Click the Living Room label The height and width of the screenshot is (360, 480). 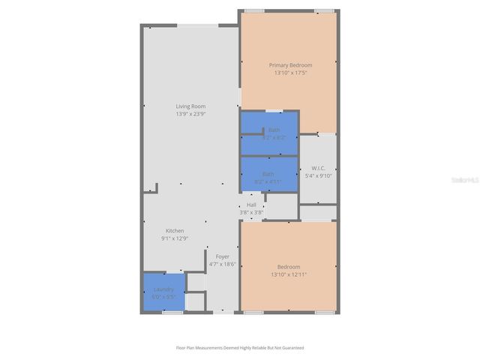[x=190, y=106]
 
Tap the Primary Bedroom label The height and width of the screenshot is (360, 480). [x=290, y=65]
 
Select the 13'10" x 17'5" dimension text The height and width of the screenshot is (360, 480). [x=290, y=73]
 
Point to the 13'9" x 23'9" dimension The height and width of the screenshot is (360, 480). [x=190, y=114]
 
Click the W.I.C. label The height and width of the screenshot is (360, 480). [x=318, y=167]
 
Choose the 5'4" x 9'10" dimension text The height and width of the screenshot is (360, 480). [x=318, y=175]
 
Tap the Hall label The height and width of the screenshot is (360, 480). [x=251, y=205]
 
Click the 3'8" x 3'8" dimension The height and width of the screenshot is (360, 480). [x=251, y=212]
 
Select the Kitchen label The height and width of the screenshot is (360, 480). [x=175, y=230]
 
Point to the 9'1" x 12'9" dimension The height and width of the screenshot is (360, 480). [x=175, y=238]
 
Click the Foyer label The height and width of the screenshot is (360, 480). [x=223, y=256]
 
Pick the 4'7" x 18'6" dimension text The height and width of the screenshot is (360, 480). [x=223, y=264]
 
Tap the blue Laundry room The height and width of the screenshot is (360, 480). [x=163, y=292]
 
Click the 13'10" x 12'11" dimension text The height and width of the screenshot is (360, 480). [x=289, y=274]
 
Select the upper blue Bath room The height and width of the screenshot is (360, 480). [x=269, y=133]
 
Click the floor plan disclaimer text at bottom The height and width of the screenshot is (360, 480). [x=240, y=347]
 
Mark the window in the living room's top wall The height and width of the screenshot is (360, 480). [x=197, y=26]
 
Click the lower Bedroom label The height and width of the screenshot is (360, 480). [x=289, y=267]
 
